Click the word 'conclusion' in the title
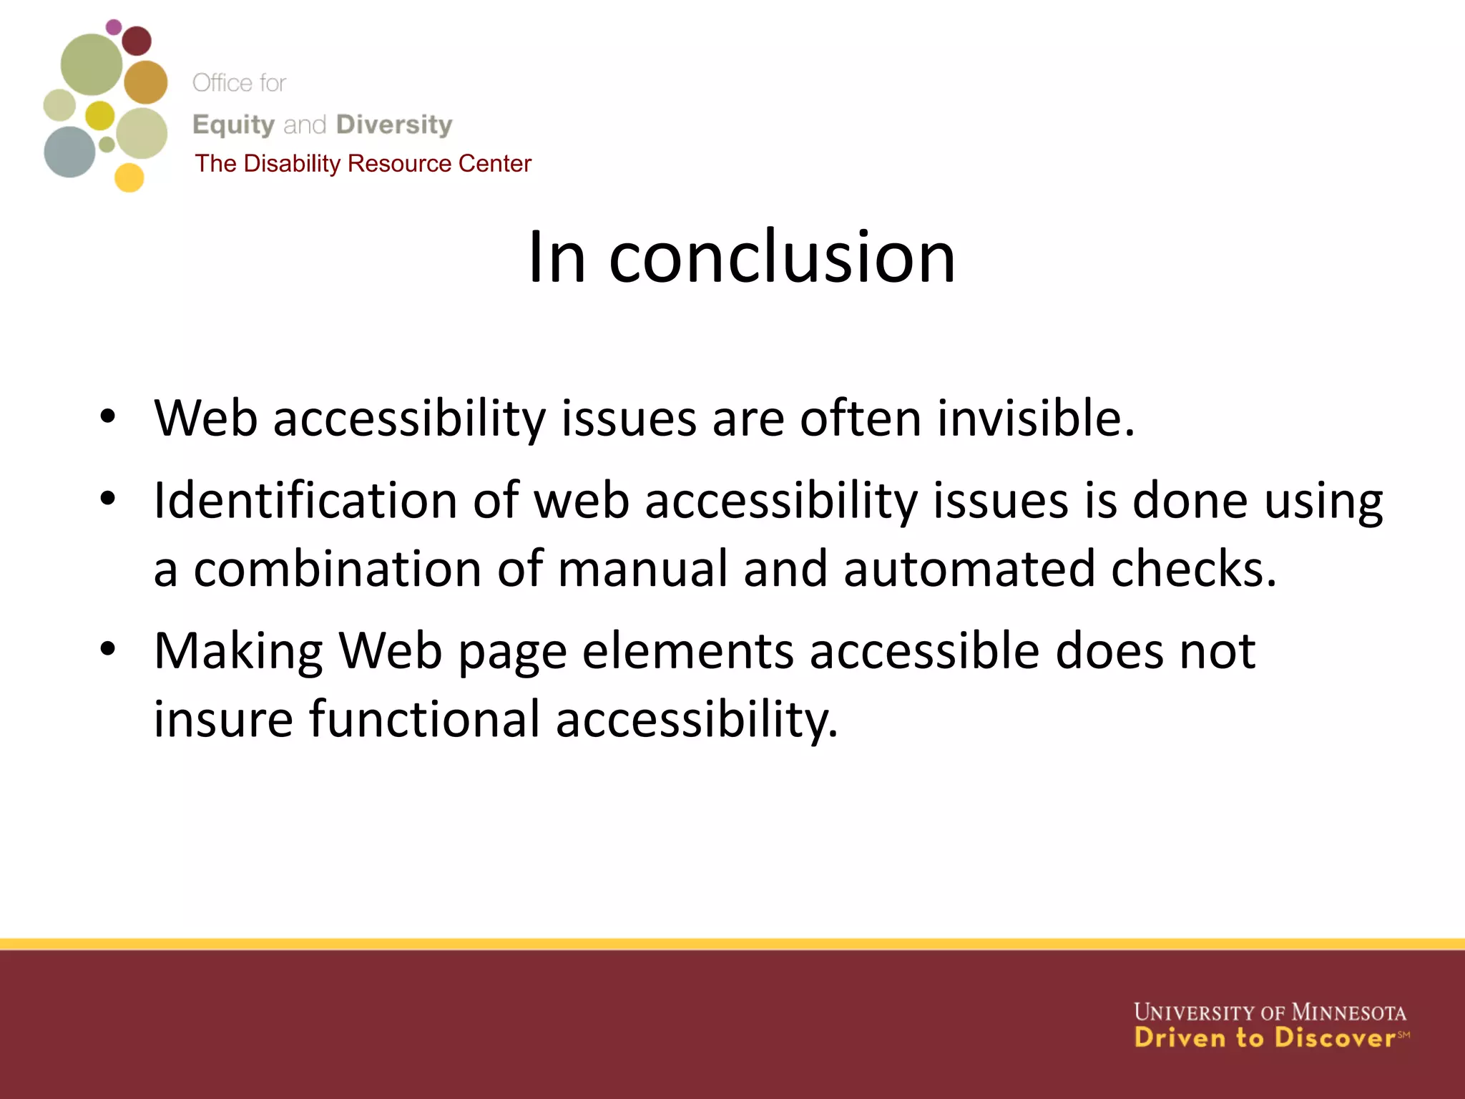tap(782, 258)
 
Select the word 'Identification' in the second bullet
tap(305, 500)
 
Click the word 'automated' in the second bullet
tap(969, 569)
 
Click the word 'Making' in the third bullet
tap(238, 652)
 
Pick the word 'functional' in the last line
tap(424, 719)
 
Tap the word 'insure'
tap(223, 719)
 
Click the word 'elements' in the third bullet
tap(688, 652)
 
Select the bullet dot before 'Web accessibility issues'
tap(108, 417)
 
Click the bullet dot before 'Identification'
tap(108, 499)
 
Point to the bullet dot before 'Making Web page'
tap(108, 650)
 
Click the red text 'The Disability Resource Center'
tap(363, 164)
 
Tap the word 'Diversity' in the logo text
tap(394, 124)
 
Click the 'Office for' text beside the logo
tap(239, 83)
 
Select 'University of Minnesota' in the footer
tap(1270, 1012)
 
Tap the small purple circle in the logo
tap(114, 27)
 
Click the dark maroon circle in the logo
tap(137, 41)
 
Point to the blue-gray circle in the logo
tap(69, 152)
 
